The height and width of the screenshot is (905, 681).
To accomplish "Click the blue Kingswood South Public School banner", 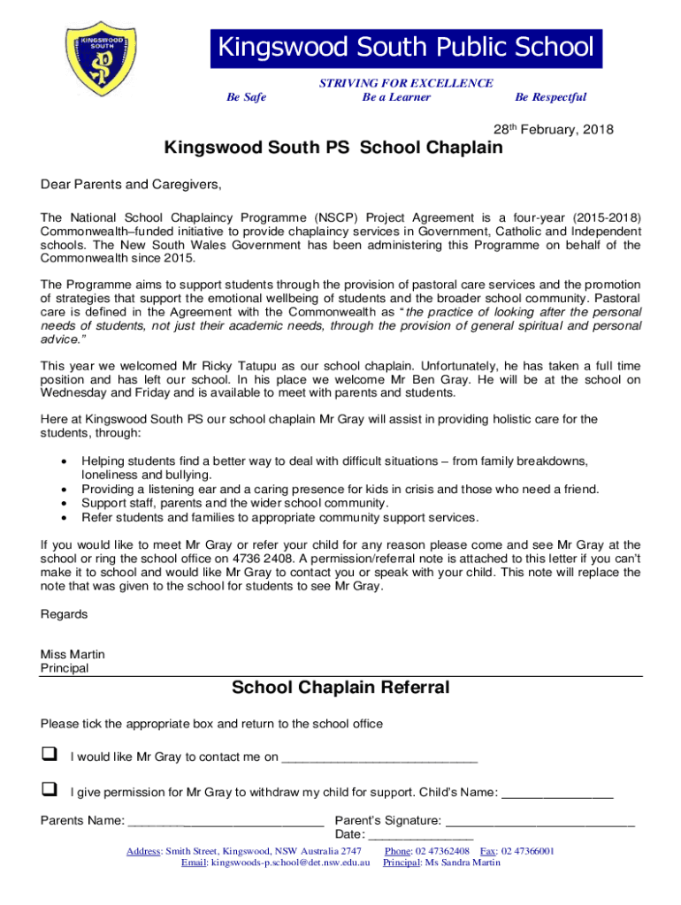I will click(406, 49).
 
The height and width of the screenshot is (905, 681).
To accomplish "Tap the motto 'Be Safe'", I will click(247, 97).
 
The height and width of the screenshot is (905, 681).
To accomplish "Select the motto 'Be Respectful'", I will click(550, 97).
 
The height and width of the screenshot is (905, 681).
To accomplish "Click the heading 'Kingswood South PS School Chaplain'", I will click(333, 148).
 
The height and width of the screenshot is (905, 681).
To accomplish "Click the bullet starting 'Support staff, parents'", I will click(234, 503).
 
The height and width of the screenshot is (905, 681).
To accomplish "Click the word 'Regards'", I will click(64, 613).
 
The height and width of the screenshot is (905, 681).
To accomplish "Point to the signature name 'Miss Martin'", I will click(73, 654).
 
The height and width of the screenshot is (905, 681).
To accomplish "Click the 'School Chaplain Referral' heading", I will click(340, 688).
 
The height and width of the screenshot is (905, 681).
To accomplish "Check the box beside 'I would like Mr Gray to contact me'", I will click(50, 755).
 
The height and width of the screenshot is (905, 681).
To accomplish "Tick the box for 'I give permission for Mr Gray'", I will click(50, 788).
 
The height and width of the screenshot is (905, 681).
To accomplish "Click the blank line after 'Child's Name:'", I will click(557, 792).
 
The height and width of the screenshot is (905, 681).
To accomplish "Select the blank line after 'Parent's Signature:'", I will click(541, 821).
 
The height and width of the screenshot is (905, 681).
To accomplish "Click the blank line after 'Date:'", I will click(421, 835).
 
